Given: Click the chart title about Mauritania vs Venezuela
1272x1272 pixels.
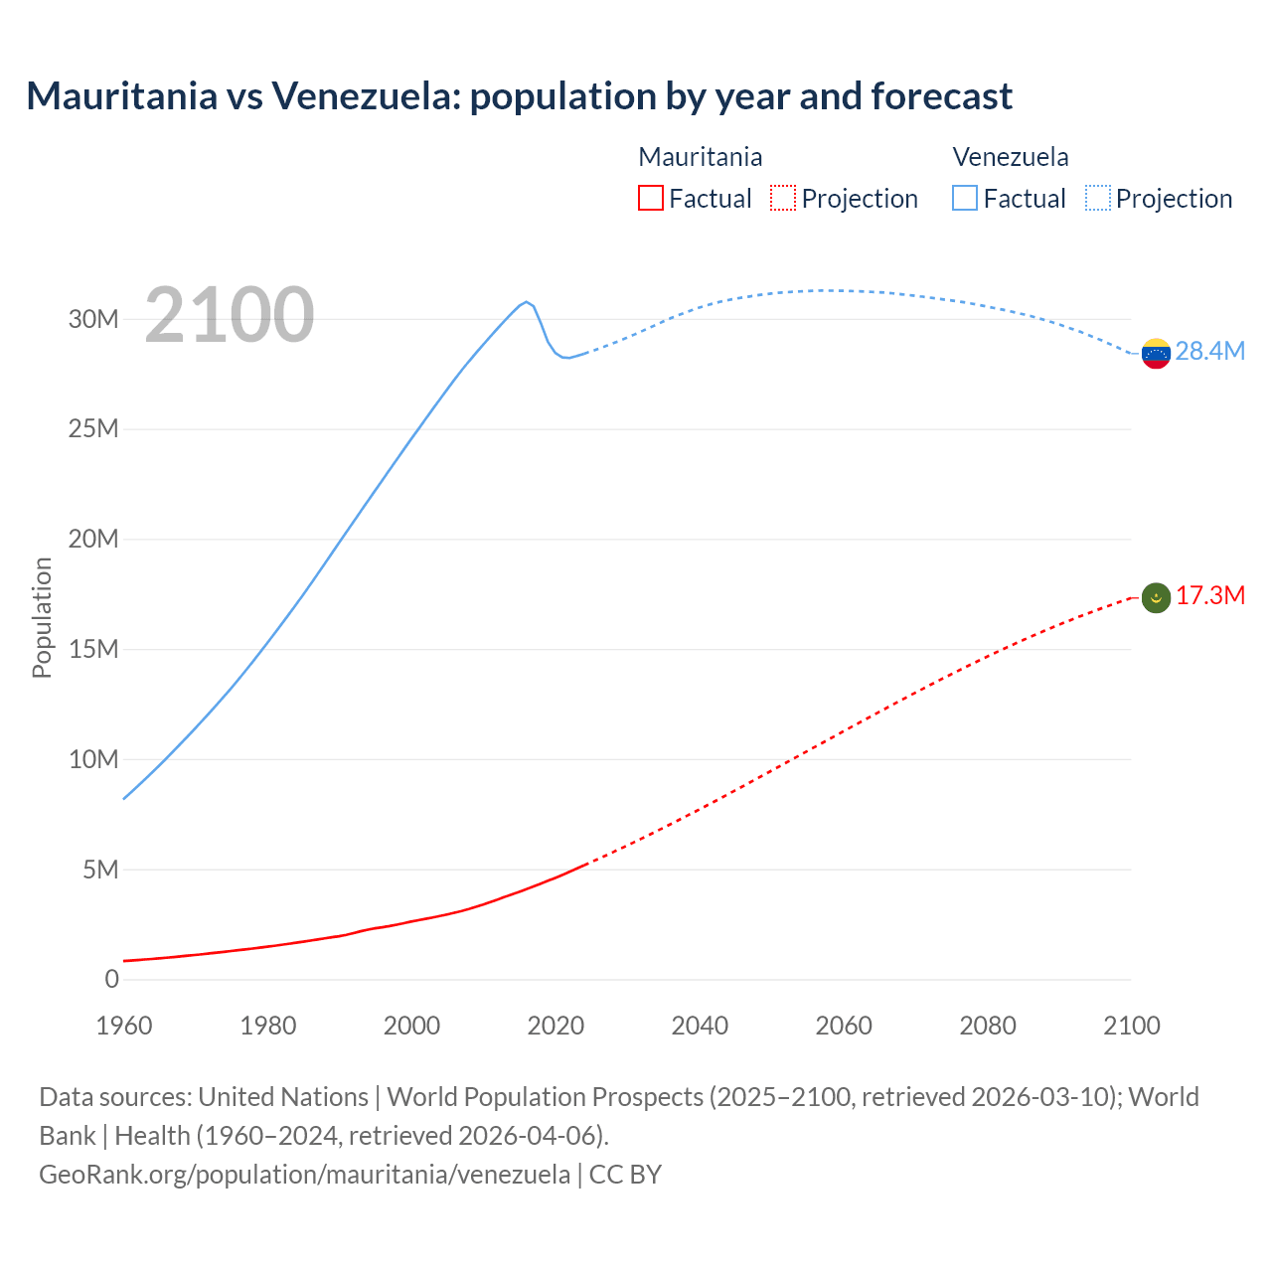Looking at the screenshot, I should point(519,96).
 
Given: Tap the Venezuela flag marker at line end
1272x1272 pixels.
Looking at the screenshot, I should point(1156,353).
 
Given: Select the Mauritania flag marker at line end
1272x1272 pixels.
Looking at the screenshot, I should point(1156,597).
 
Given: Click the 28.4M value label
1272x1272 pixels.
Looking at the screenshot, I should point(1209,351).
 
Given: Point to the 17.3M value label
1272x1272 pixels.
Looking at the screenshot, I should point(1209,595).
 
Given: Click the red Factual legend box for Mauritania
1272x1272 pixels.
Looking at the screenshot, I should point(650,198).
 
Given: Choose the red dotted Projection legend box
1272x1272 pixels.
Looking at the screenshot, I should point(783,198).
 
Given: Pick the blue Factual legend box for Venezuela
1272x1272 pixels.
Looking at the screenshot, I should point(965,198).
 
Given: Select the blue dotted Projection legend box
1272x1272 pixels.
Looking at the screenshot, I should point(1097,198).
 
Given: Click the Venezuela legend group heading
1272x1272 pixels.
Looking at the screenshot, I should point(1010,157).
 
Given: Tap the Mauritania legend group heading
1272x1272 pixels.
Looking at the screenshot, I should point(700,157).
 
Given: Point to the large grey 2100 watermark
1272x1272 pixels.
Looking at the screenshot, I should point(230,315).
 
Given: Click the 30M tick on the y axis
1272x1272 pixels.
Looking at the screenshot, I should point(93,319).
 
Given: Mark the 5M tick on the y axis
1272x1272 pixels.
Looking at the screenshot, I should point(100,870).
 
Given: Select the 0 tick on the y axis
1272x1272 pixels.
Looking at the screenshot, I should point(111,979).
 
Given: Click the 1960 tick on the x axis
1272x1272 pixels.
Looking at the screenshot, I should point(124,1026).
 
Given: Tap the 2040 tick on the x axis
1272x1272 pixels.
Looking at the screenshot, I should point(700,1026).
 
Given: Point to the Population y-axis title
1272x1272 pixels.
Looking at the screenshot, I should point(42,617).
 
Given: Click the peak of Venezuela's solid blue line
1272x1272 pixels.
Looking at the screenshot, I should point(526,301).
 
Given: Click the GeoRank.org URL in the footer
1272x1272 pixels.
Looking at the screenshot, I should point(304,1174).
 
